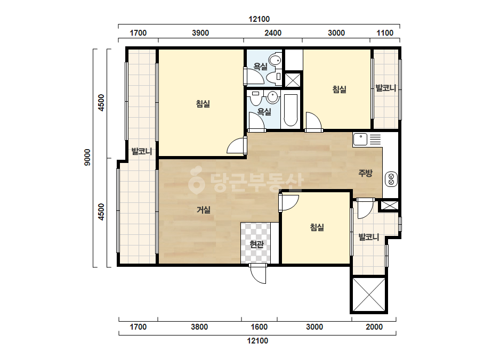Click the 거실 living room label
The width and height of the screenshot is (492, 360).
tap(203, 209)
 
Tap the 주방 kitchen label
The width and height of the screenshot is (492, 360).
tap(365, 173)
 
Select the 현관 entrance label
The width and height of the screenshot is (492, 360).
tap(257, 244)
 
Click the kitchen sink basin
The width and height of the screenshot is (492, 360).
tap(360, 140)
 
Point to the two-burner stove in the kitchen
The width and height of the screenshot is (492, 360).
tap(391, 179)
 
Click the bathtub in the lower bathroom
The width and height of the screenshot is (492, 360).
tap(291, 110)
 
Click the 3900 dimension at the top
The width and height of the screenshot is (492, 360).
tap(200, 33)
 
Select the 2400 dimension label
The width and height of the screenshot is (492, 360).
tap(273, 33)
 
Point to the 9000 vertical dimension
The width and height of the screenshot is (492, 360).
tap(87, 158)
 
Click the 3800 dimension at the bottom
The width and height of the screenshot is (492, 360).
tap(199, 327)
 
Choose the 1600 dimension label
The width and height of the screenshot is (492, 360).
tap(259, 327)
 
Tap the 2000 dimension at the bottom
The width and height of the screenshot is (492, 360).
tap(374, 327)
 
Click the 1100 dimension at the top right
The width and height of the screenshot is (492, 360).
tap(385, 33)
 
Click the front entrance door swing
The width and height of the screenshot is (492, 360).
tap(258, 274)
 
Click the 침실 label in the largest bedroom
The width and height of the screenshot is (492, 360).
tap(203, 103)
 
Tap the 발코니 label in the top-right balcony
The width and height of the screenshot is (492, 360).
tap(386, 88)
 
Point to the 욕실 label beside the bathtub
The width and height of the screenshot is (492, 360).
tap(264, 112)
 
